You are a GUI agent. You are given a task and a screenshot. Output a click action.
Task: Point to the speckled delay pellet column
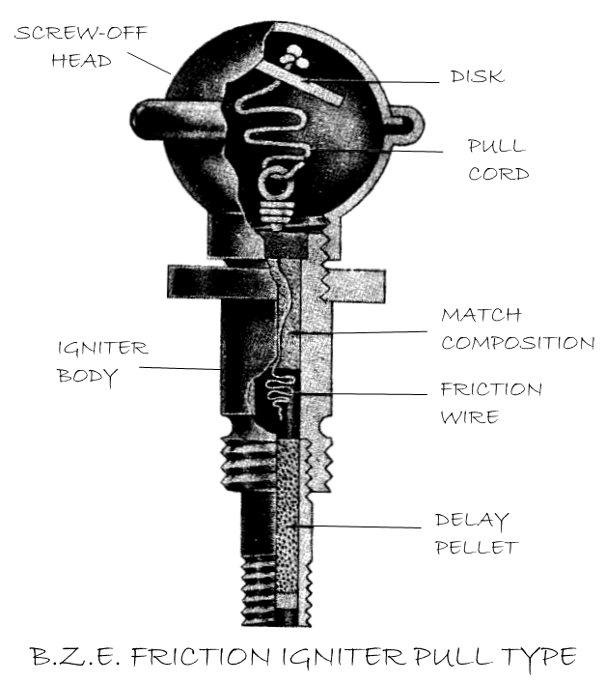tap(290, 522)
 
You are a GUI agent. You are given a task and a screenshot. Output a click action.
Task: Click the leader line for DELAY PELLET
tap(367, 526)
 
